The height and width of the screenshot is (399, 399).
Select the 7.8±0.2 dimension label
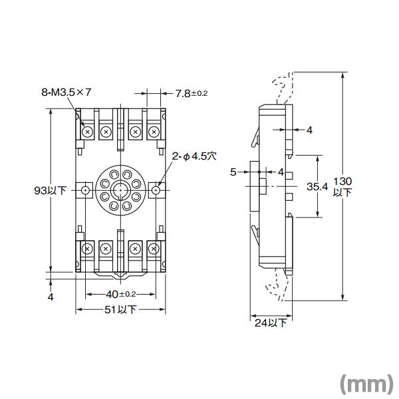pos(192,93)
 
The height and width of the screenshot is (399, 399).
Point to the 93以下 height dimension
pos(51,190)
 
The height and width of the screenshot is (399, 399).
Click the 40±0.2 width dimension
pos(120,294)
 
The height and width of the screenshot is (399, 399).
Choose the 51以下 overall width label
pos(121,309)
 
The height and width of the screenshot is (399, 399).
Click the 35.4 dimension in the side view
pos(317,187)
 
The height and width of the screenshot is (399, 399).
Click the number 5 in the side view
pos(233,172)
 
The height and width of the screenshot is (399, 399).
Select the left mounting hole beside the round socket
pos(86,190)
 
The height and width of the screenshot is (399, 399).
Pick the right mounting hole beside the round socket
pos(156,190)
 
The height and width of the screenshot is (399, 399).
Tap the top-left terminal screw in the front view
pos(86,132)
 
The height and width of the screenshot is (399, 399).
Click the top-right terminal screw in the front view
pos(154,132)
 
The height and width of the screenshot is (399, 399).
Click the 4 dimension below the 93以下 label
pos(51,297)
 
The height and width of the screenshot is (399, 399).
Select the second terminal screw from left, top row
pos(105,132)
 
